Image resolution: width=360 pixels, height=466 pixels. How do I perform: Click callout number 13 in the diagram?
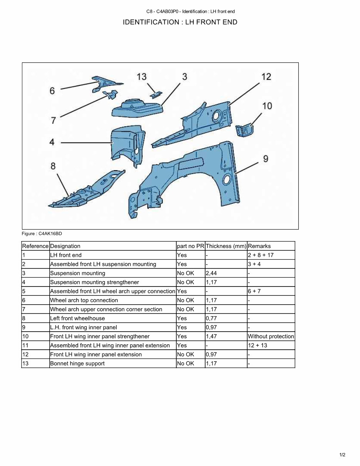tap(142, 77)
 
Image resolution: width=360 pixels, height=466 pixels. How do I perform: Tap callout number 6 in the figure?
tap(52, 91)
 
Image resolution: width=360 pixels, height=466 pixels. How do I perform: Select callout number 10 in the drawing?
tap(267, 106)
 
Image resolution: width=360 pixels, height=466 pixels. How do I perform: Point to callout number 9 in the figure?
tap(266, 159)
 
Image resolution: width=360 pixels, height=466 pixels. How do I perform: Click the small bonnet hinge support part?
tap(156, 93)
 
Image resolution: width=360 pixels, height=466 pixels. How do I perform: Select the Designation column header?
tap(65, 246)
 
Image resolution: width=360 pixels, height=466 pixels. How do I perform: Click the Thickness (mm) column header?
tap(226, 246)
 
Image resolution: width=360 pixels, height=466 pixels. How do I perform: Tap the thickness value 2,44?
tap(211, 273)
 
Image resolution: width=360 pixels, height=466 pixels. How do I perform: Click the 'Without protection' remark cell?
tap(271, 336)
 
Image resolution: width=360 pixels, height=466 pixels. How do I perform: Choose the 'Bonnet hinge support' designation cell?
tap(77, 364)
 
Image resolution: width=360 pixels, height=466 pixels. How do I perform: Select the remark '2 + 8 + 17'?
tap(261, 255)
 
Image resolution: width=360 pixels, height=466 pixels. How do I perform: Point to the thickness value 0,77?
tap(211, 318)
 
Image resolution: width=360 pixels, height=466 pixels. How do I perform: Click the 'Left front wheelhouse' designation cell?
tap(77, 318)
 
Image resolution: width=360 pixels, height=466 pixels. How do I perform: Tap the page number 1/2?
tap(342, 455)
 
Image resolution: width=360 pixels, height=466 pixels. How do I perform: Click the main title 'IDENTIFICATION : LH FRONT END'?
tap(180, 22)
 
